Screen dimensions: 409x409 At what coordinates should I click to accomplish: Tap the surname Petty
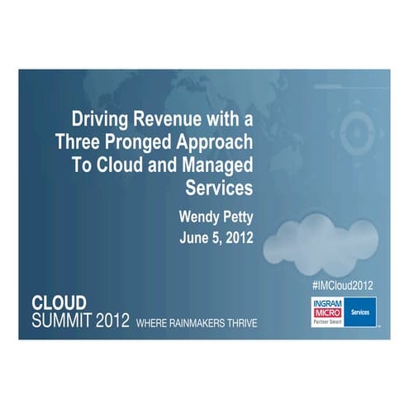[x=239, y=218]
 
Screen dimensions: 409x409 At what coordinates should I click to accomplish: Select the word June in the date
[x=196, y=238]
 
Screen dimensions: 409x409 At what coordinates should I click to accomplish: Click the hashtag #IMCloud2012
[x=342, y=284]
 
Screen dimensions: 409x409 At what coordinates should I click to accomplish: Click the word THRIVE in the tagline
[x=240, y=322]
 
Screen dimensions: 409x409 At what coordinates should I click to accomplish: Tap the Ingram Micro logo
[x=328, y=312]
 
